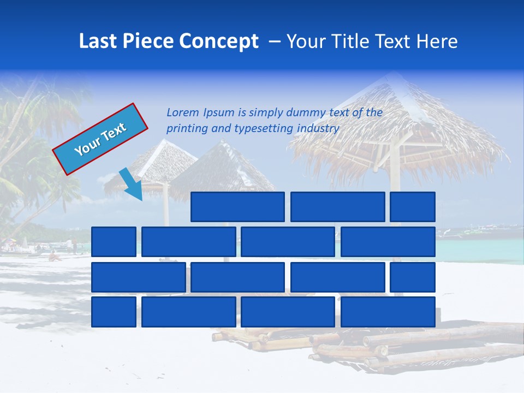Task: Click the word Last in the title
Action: (99, 41)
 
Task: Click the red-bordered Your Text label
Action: (100, 139)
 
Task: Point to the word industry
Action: (318, 129)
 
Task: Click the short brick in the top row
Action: (412, 207)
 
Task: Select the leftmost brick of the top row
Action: (237, 207)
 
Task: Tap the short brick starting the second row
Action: (114, 242)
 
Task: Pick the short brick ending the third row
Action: (412, 277)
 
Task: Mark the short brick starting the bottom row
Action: (114, 312)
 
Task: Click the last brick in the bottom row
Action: (388, 312)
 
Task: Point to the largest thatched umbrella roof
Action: (398, 120)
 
